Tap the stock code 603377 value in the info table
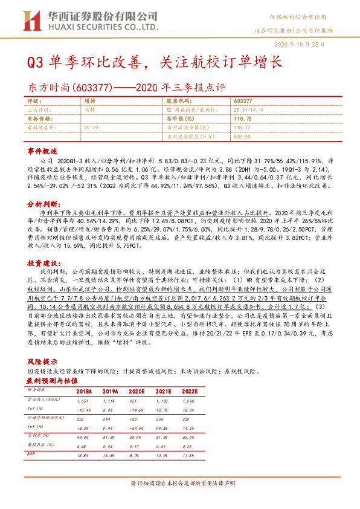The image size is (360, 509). point(242,102)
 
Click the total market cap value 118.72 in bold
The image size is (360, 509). point(242,119)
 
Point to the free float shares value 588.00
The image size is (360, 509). point(241,137)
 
